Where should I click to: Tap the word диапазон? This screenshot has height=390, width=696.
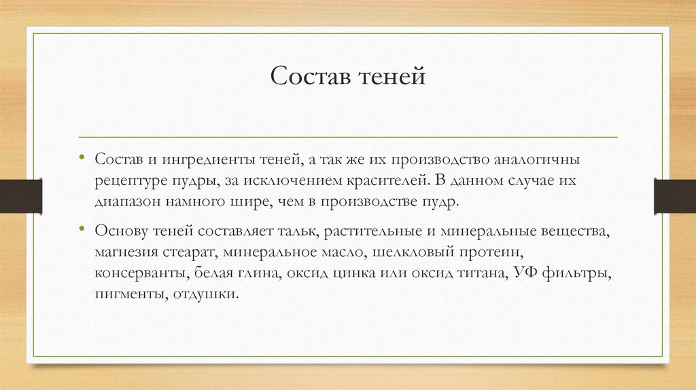tap(126, 202)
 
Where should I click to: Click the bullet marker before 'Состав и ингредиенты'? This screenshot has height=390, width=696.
tap(82, 158)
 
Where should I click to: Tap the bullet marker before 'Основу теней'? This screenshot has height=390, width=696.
tap(82, 229)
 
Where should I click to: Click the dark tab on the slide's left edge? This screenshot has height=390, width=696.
tap(21, 195)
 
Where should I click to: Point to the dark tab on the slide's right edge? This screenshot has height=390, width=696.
tap(674, 195)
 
